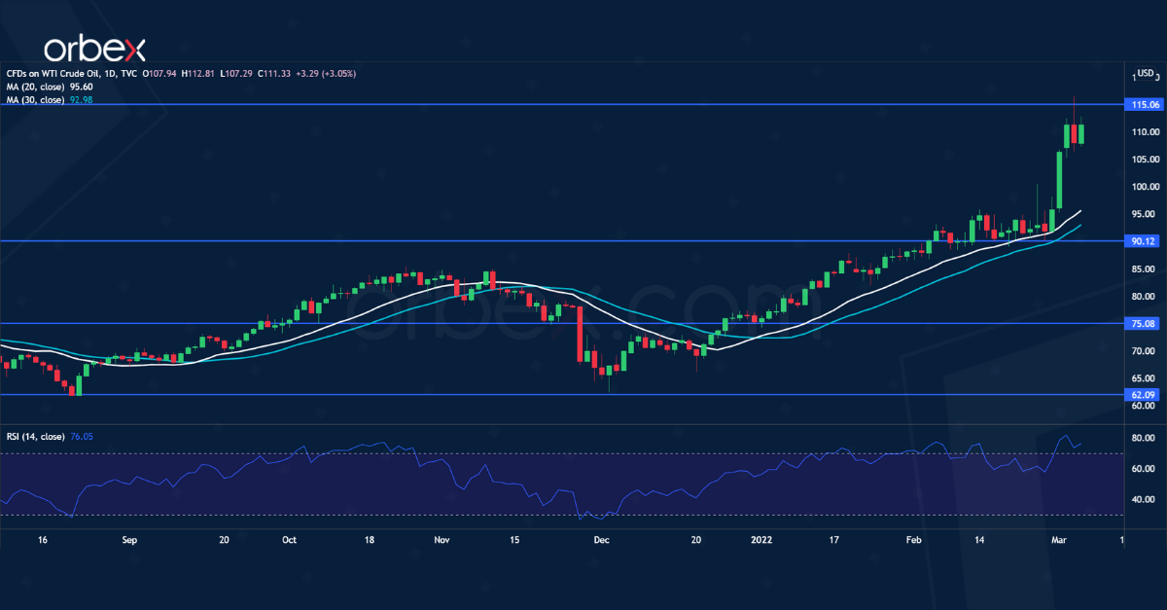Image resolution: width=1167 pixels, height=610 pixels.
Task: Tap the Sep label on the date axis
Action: pyautogui.click(x=129, y=538)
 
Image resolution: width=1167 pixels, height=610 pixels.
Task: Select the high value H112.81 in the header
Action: pyautogui.click(x=199, y=72)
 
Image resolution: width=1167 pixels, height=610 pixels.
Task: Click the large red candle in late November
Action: pyautogui.click(x=581, y=335)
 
